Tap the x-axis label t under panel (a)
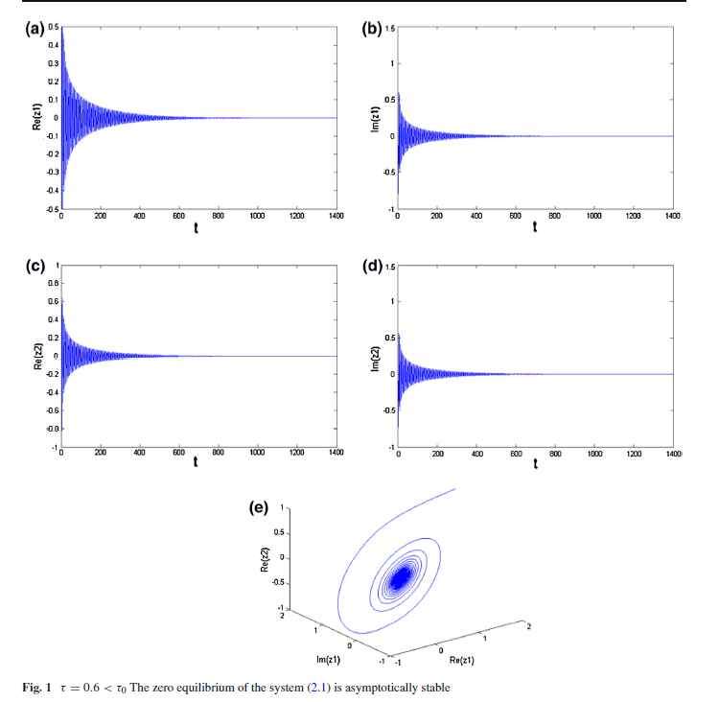click(x=197, y=230)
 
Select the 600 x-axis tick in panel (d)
click(x=516, y=456)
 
